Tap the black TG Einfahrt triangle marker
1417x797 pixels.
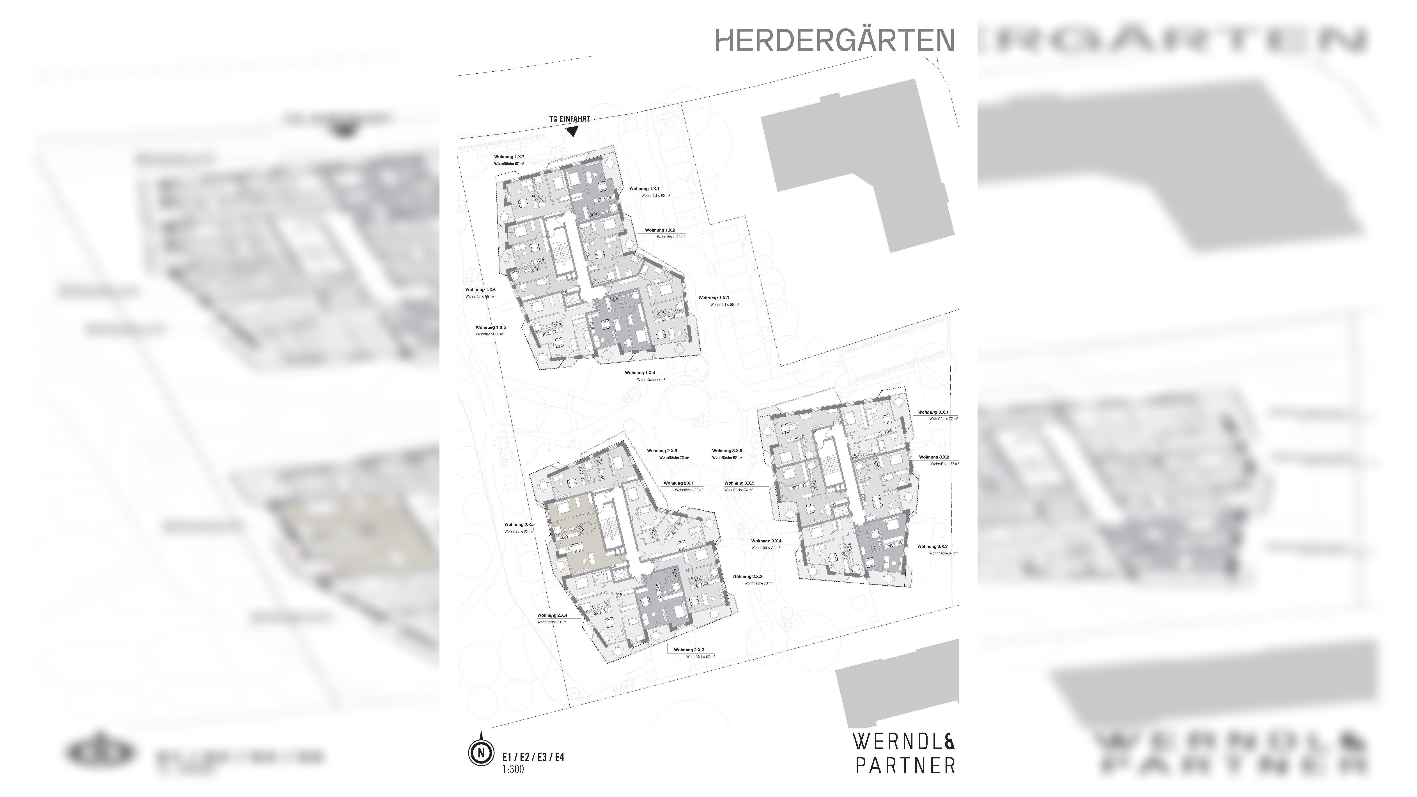tap(572, 131)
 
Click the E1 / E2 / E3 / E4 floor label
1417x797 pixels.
tap(533, 757)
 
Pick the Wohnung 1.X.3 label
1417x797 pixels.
tap(714, 298)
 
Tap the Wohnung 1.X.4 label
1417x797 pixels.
tap(640, 373)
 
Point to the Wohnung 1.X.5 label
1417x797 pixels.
tap(491, 327)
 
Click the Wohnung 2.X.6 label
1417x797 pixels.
tap(662, 450)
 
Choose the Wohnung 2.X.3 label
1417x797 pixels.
tap(689, 650)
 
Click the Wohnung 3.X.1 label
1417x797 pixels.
tap(933, 412)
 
